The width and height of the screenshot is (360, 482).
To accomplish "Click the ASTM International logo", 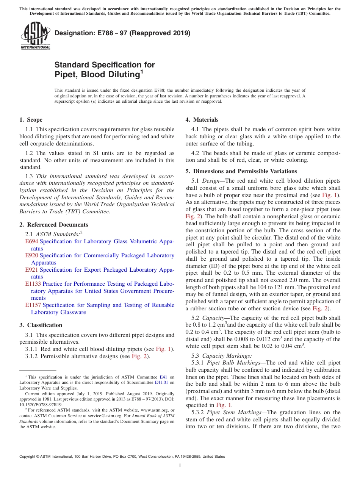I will click(x=35, y=36).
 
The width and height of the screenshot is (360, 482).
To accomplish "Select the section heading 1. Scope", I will click(x=31, y=120).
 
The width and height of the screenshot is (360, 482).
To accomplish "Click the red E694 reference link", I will click(x=32, y=241).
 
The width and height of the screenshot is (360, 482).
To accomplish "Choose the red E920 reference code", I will click(x=32, y=255).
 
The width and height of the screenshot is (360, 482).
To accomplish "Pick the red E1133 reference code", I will click(x=33, y=284).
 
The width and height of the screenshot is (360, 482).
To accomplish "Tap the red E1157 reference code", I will click(x=33, y=305).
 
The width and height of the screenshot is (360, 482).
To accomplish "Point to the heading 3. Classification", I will click(x=41, y=325).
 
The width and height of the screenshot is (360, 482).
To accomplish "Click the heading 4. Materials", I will click(x=202, y=120).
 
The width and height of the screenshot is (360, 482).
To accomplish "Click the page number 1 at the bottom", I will click(x=180, y=465).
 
